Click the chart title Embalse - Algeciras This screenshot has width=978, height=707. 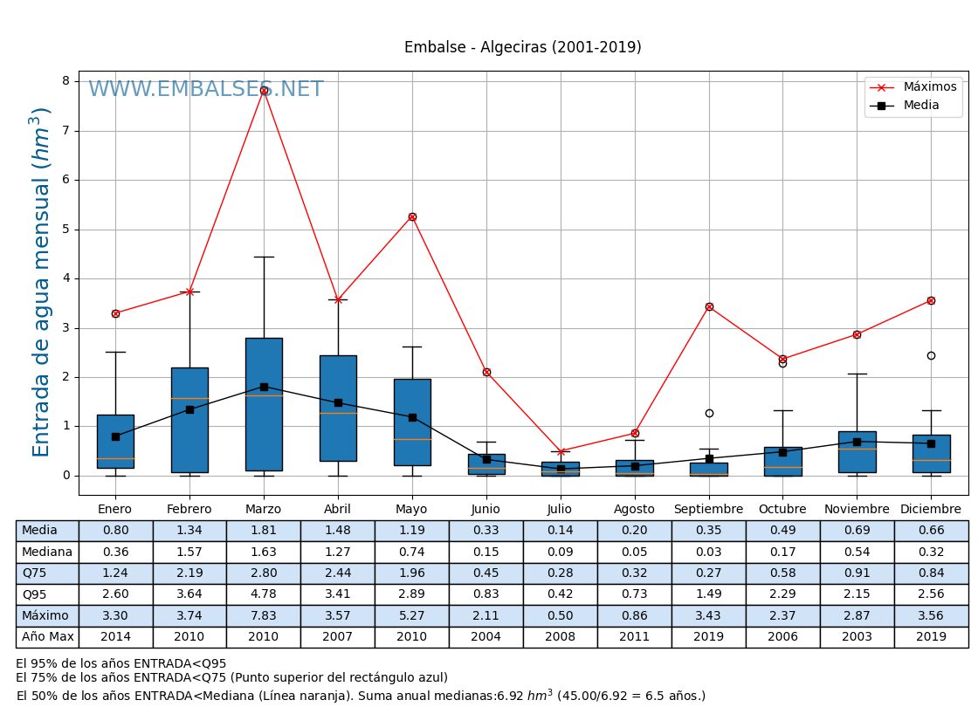click(x=522, y=48)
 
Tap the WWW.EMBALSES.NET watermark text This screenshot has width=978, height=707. click(x=205, y=90)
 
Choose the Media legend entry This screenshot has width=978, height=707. click(x=921, y=106)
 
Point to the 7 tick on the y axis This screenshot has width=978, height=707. click(x=65, y=131)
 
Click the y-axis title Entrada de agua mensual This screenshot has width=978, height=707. click(x=42, y=281)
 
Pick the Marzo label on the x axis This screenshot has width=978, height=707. click(x=263, y=510)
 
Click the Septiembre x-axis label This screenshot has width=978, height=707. click(x=708, y=510)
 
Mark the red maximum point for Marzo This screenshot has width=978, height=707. click(x=264, y=90)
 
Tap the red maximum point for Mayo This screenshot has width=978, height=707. click(x=412, y=216)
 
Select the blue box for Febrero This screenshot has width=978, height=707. click(x=189, y=420)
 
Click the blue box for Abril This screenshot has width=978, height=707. click(x=338, y=408)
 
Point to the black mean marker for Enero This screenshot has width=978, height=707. click(x=115, y=436)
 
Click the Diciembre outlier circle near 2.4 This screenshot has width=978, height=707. click(x=931, y=355)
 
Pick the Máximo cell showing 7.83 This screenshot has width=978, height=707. click(x=263, y=616)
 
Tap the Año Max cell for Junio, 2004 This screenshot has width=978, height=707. click(x=486, y=637)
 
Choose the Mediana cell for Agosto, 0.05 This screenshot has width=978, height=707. click(x=634, y=553)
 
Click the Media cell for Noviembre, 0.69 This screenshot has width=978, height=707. click(x=857, y=531)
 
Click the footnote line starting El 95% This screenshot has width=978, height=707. click(x=121, y=664)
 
